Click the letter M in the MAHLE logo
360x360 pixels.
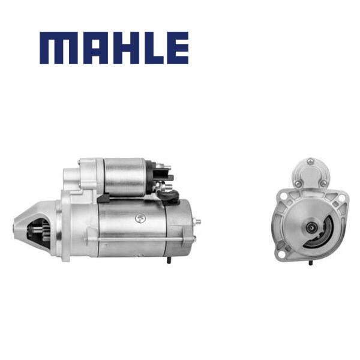pos(58,48)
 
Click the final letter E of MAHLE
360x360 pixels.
pos(178,48)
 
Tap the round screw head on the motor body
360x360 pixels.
pos(140,218)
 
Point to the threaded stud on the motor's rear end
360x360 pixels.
pos(197,222)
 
